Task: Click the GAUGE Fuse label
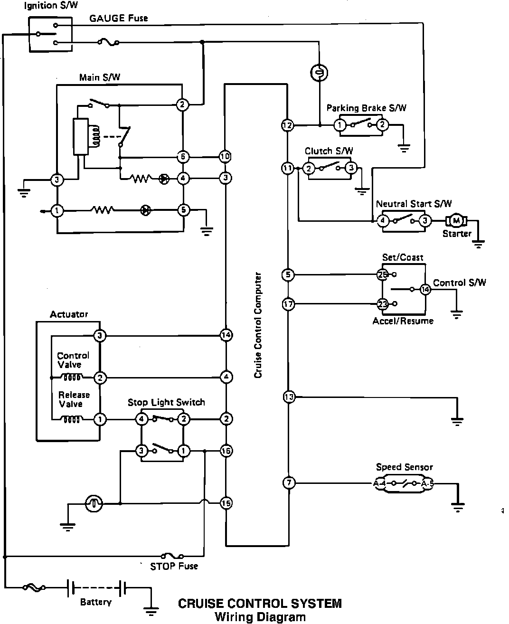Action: [x=118, y=19]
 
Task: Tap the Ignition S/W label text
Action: [x=51, y=5]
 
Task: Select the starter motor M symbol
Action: [x=456, y=220]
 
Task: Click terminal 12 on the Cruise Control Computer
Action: [x=287, y=125]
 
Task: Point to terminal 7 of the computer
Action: [x=289, y=483]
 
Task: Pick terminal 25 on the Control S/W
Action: [x=382, y=274]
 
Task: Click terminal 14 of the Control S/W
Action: [x=425, y=289]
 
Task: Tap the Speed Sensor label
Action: [x=404, y=467]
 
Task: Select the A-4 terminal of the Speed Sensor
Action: [x=379, y=483]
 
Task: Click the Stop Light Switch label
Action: [x=166, y=402]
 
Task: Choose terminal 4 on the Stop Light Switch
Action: [x=141, y=419]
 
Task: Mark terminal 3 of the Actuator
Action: [x=100, y=336]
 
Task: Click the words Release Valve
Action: [x=74, y=399]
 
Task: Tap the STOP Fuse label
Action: [x=174, y=566]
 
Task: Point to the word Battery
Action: [x=96, y=602]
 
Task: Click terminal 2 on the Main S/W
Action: [x=182, y=104]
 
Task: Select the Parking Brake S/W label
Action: [x=367, y=108]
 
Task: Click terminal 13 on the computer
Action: [x=289, y=397]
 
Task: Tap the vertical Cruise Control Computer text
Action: [x=258, y=325]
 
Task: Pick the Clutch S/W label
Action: [x=329, y=151]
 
